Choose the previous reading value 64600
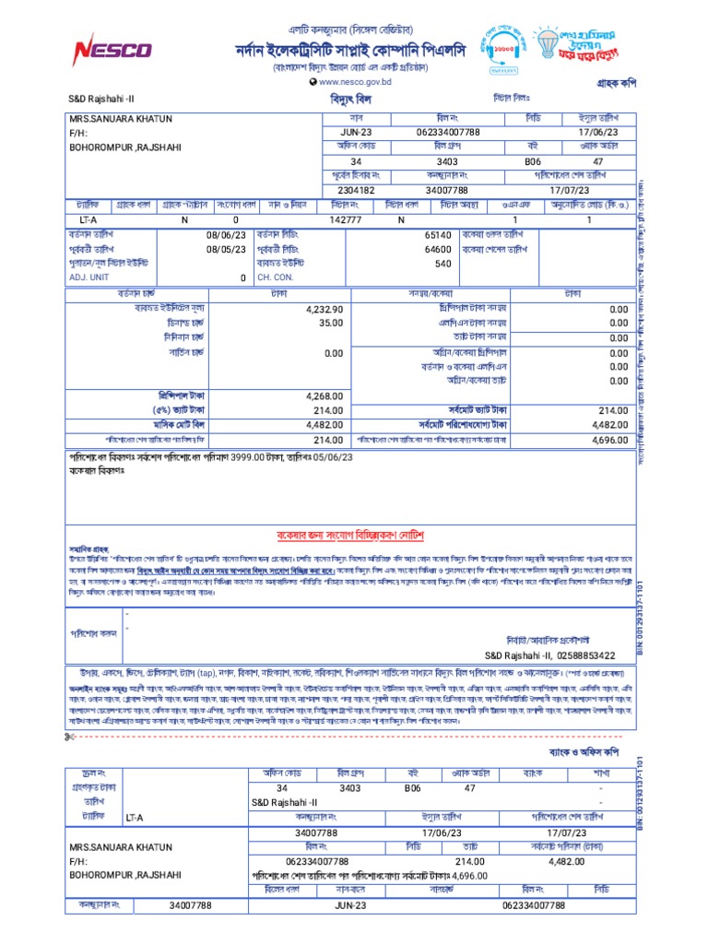click(437, 250)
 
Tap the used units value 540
click(442, 264)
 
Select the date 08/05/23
click(226, 250)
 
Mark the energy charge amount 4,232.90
click(324, 310)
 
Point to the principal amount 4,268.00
click(324, 395)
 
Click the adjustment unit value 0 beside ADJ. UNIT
click(243, 277)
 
